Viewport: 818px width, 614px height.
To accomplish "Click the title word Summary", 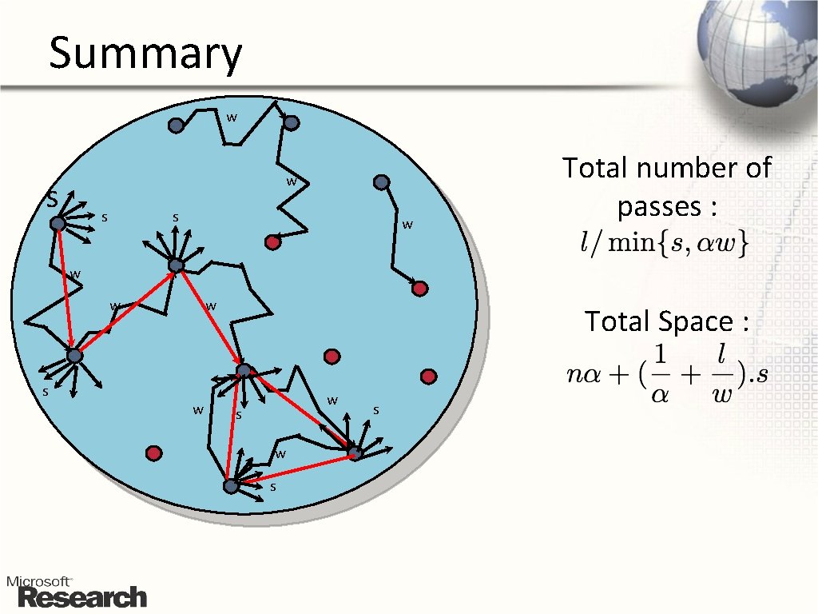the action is coord(145,54).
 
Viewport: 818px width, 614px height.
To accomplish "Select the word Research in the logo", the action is coord(82,597).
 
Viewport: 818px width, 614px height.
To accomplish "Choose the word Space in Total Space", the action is coord(696,321).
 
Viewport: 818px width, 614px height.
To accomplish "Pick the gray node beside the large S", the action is coord(58,224).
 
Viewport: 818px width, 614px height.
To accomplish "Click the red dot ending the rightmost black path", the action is coord(420,289).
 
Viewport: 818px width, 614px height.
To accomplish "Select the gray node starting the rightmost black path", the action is coord(382,182).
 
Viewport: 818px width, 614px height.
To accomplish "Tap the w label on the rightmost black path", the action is coord(407,225).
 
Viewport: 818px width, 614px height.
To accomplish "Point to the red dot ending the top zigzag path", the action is coord(273,241).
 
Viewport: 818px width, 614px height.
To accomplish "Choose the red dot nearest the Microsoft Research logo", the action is coord(153,453).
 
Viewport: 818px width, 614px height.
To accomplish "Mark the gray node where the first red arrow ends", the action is coord(74,356).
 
